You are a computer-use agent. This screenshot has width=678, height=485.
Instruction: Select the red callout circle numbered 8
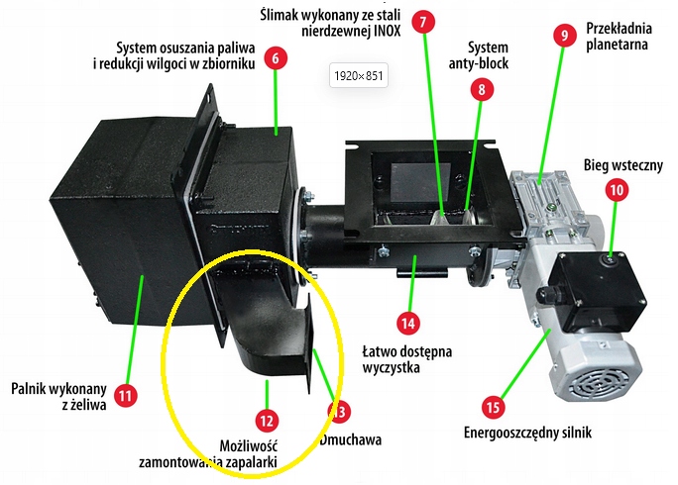[x=481, y=90]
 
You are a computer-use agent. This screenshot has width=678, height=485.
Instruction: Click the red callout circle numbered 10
[x=617, y=189]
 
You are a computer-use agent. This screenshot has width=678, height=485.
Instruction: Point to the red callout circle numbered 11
[x=124, y=395]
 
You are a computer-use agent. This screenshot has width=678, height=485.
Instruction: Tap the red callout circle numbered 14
[x=407, y=322]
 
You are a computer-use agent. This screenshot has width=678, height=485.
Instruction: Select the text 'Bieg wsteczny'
[x=622, y=165]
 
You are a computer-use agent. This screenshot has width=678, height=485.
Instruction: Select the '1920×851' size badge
[x=358, y=74]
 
